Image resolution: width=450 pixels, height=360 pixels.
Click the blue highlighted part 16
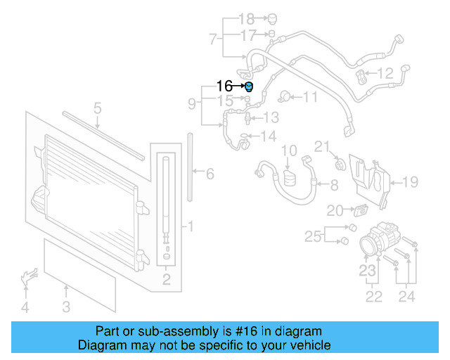coord(248,86)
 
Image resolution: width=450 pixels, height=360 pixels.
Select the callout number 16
coord(224,86)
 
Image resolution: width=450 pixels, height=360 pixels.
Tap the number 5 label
coord(98,108)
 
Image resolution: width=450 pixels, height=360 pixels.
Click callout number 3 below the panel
coord(66,306)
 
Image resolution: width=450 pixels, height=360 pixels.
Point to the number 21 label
coord(322,146)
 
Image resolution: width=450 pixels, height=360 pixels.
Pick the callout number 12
coord(385,72)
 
